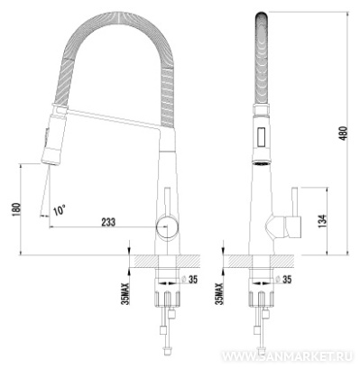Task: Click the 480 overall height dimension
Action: pos(343,134)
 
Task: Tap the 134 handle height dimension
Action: pos(322,221)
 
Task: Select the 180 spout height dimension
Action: pos(16,209)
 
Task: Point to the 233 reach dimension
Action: pos(108,222)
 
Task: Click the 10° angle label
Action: pos(60,210)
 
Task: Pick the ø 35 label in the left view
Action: pos(190,280)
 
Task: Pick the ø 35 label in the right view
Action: pos(283,280)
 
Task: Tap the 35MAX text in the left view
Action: pos(125,294)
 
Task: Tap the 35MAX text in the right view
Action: pos(219,294)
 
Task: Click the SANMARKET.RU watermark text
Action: pos(287,356)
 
